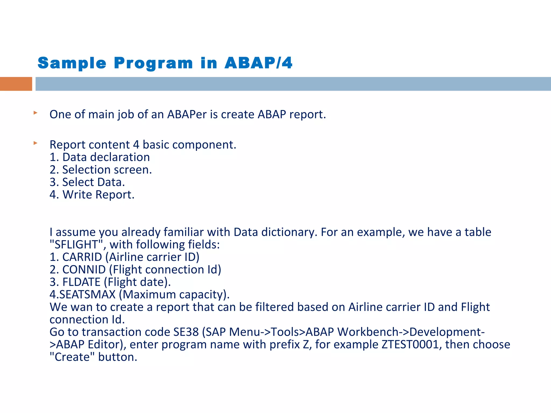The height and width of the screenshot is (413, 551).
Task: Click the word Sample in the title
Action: point(72,63)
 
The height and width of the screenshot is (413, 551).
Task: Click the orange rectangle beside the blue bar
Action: point(16,84)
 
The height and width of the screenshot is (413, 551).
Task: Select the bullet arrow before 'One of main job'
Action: point(35,113)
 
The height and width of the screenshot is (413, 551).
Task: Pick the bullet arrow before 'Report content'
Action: point(35,143)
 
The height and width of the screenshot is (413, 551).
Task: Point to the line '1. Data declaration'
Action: point(100,157)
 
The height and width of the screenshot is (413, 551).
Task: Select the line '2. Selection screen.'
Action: point(101,170)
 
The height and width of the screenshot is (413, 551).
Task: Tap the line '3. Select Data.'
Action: point(87,182)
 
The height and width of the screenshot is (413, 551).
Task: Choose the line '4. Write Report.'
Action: point(92,195)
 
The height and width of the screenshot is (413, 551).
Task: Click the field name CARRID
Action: point(82,257)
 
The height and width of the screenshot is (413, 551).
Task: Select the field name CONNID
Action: point(84,270)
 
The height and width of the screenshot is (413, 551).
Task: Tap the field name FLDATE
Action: point(81,282)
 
